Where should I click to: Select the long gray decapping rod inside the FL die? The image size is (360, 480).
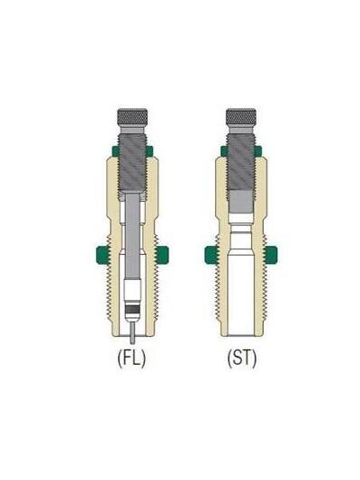coord(133,234)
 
